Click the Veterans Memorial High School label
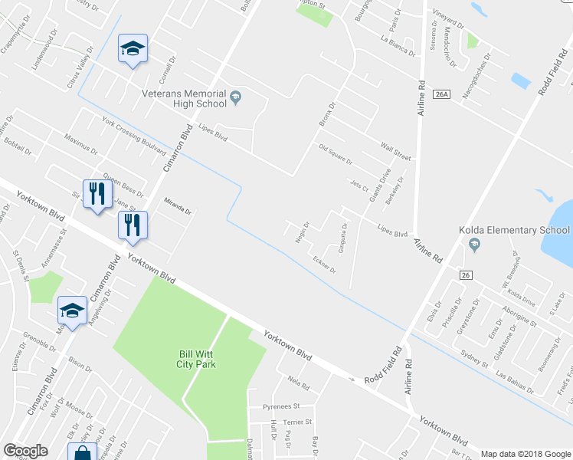pos(184,98)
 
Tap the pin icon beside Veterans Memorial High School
pos(236,97)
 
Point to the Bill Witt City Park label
pos(198,359)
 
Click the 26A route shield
pos(440,94)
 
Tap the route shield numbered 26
pos(465,274)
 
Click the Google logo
pos(25,451)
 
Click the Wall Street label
pos(396,151)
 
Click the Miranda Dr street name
pos(177,205)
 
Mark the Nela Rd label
pos(298,383)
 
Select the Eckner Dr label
pos(324,264)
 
